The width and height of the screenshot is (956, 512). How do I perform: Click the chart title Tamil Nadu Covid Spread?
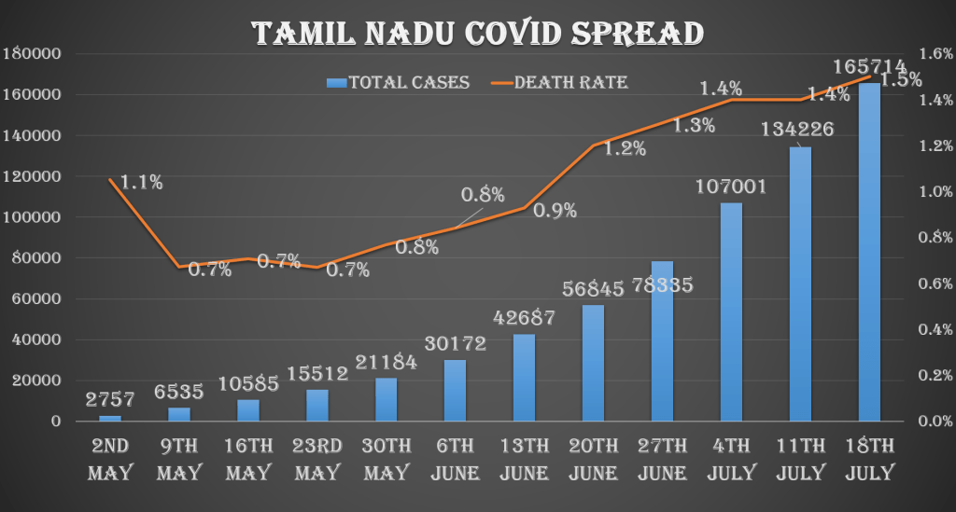(478, 33)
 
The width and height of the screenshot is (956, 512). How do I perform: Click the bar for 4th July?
(731, 311)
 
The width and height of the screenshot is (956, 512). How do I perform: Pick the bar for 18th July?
(869, 252)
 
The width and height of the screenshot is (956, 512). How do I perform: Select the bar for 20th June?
(594, 363)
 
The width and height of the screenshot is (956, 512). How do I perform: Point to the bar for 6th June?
(456, 390)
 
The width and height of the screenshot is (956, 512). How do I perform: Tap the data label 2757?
(110, 400)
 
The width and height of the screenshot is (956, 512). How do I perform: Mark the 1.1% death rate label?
(141, 183)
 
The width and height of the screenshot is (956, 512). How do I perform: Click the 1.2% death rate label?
(624, 147)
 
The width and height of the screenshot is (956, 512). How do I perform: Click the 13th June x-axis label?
(525, 458)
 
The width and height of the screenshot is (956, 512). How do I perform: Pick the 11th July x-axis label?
(800, 458)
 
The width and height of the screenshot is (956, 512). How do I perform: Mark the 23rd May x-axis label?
(318, 458)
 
